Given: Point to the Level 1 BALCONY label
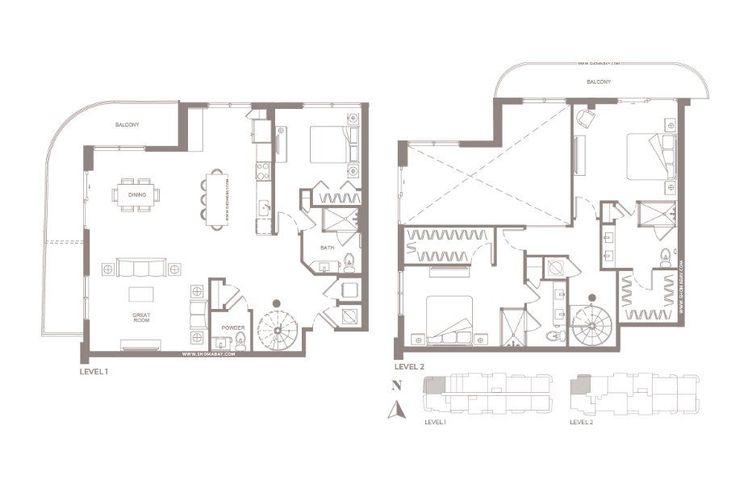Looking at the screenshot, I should point(127,125).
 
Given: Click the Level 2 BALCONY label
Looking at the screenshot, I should point(598,82).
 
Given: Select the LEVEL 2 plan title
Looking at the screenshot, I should point(410,365).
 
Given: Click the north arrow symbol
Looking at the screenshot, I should point(395,411).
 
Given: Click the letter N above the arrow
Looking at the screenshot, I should point(395,386).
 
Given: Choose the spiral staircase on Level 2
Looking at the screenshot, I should point(592,324).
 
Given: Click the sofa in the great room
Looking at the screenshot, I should point(141,268).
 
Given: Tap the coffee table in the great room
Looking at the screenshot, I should point(141,293).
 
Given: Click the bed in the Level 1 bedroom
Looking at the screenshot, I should point(328,145).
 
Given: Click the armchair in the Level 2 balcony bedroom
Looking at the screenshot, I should point(585,119).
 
